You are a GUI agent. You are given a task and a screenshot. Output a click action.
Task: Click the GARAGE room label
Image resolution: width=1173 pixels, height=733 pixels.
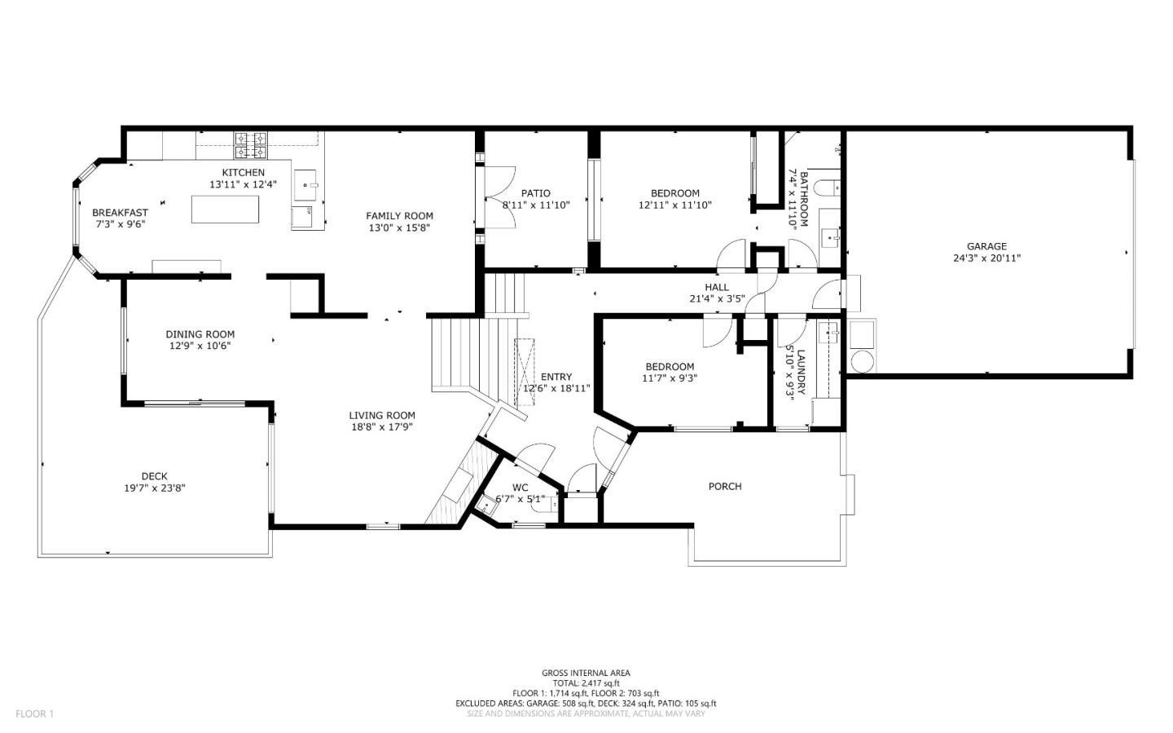[x=986, y=246]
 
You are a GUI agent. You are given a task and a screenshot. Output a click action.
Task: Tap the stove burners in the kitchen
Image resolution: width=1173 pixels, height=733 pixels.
[x=251, y=145]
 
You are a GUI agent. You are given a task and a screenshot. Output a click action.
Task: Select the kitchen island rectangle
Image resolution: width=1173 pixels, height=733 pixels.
[x=226, y=209]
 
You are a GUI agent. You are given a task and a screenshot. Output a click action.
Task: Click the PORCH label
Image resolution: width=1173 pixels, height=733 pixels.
[x=724, y=487]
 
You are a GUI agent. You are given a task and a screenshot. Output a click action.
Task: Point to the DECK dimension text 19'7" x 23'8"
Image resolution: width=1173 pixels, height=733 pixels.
[x=154, y=488]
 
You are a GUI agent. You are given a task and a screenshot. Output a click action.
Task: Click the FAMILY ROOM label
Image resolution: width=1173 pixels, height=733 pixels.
[x=399, y=216]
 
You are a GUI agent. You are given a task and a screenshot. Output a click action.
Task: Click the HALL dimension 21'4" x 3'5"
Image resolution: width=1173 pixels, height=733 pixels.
[x=717, y=298]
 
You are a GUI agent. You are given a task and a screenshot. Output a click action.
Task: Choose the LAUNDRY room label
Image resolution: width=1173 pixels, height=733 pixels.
[x=801, y=372]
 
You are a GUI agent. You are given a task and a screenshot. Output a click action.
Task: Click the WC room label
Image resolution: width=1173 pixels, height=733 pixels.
[x=520, y=488]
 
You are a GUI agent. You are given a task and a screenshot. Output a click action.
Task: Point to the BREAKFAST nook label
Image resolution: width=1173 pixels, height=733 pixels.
[x=120, y=213]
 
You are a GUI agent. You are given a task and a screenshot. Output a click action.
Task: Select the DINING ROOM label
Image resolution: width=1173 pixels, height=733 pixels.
[x=200, y=334]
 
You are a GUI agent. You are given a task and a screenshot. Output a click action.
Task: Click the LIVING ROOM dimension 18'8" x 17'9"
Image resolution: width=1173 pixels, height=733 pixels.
[x=382, y=426]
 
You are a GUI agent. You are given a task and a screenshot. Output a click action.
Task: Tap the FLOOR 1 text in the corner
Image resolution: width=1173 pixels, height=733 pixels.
[x=34, y=714]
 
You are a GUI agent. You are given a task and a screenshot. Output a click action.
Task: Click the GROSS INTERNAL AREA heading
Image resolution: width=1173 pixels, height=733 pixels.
[x=586, y=673]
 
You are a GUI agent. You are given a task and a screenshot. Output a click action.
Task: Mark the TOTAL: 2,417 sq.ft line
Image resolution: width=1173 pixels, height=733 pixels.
[x=586, y=683]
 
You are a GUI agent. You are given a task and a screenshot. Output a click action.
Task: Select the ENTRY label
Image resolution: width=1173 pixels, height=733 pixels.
[x=556, y=377]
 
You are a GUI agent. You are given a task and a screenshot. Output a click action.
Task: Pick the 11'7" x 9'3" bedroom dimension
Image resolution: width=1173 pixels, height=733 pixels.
[x=669, y=378]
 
